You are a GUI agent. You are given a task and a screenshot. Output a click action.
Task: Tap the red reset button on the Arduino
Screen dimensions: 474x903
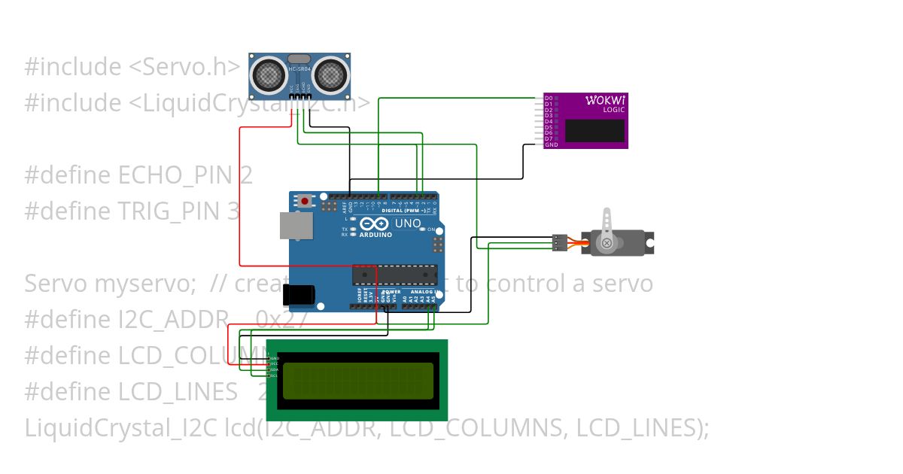point(305,201)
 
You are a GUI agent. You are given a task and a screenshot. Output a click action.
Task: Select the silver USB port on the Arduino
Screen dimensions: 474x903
point(296,225)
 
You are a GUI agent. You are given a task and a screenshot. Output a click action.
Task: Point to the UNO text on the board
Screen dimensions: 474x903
point(407,223)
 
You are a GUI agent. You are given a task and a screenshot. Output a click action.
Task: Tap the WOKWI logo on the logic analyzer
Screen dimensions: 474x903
point(606,101)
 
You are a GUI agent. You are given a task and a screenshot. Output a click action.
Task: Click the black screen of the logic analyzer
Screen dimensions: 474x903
point(594,131)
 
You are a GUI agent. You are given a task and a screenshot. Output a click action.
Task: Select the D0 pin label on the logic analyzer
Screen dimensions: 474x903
point(549,98)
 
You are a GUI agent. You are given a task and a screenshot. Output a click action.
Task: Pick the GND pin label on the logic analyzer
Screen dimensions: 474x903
point(551,144)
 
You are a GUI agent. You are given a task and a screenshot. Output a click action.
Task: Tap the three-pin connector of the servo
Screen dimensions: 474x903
point(559,242)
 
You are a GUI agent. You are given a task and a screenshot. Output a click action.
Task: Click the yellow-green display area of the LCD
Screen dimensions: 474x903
point(357,380)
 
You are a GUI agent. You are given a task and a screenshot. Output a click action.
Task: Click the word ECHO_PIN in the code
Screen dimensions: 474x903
point(177,175)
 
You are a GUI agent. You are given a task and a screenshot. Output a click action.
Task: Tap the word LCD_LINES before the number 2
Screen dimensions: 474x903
point(178,392)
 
